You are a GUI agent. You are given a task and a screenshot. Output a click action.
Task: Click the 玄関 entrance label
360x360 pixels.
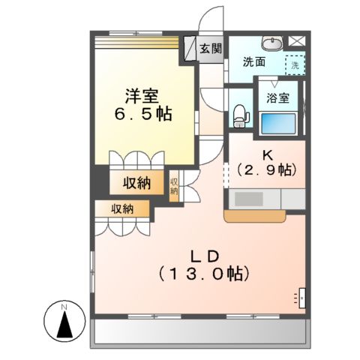[211, 49]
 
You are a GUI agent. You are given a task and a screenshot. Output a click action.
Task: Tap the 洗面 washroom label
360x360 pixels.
[253, 63]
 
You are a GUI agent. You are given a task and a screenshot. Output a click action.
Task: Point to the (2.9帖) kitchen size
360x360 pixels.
[267, 170]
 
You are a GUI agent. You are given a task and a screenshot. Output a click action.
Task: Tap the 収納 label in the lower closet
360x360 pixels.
[124, 210]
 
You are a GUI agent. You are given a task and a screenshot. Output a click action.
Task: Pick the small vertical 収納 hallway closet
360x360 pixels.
[174, 185]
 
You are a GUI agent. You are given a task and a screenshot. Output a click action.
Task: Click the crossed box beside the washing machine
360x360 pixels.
[297, 43]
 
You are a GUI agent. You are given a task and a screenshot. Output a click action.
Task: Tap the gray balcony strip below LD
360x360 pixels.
[199, 332]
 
